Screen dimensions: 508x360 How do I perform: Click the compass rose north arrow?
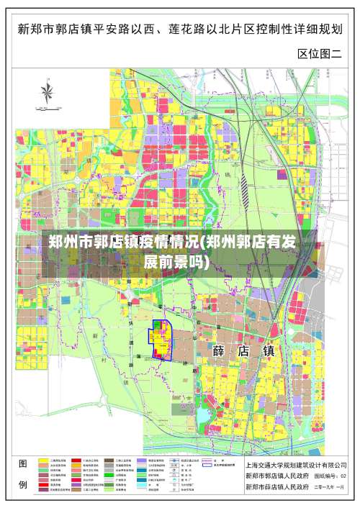[x=49, y=92]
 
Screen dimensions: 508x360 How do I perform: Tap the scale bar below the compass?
[x=49, y=110]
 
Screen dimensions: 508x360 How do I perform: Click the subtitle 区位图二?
[x=320, y=53]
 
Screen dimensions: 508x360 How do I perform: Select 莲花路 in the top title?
[x=208, y=30]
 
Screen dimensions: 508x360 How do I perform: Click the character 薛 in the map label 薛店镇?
[x=220, y=351]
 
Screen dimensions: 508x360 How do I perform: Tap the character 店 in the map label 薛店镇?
[x=245, y=351]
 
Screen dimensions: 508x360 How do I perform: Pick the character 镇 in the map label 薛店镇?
[x=269, y=351]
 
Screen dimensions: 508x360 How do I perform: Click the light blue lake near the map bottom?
[x=204, y=417]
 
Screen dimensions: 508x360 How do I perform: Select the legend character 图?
[x=23, y=464]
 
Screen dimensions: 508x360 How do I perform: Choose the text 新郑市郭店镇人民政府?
[x=277, y=476]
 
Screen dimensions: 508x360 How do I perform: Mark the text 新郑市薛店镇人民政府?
[x=277, y=488]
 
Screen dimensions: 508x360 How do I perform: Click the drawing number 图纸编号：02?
[x=329, y=476]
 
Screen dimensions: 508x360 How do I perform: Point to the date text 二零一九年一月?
[x=329, y=488]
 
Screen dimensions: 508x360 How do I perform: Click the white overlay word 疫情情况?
[x=165, y=241]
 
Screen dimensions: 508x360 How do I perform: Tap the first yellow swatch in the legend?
[x=44, y=460]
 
